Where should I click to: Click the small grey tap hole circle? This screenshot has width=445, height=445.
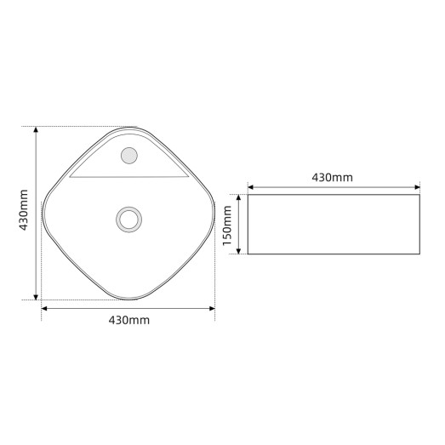130,155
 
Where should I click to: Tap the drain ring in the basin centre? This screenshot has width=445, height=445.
128,218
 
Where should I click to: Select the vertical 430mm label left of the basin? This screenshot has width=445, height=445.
25,210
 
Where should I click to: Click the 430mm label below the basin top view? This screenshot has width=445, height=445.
129,320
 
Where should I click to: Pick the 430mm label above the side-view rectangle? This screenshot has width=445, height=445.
332,178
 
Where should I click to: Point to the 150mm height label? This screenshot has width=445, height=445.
228,225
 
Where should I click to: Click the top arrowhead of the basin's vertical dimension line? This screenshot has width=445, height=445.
36,130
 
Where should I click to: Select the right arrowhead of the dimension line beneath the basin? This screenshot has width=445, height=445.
213,308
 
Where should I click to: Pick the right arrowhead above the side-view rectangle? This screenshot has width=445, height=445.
416,186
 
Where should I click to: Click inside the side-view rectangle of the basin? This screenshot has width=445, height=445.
334,224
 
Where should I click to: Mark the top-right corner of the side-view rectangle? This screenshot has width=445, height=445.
419,195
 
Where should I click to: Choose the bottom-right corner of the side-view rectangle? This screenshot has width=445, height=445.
419,253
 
